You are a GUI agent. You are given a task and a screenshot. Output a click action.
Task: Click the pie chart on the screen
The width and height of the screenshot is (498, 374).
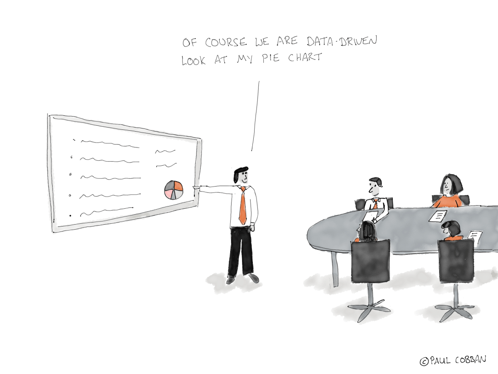pyautogui.click(x=174, y=190)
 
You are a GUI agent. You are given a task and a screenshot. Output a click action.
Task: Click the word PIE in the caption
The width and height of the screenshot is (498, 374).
pyautogui.click(x=271, y=58)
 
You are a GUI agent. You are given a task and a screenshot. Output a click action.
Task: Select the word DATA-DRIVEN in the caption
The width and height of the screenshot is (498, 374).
pyautogui.click(x=342, y=41)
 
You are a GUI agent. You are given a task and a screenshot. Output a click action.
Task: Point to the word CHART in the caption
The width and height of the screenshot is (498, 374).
pyautogui.click(x=305, y=57)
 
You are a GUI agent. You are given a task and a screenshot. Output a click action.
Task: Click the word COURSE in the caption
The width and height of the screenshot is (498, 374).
pyautogui.click(x=226, y=42)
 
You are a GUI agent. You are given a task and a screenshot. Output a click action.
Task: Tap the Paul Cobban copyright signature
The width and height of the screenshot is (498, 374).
pyautogui.click(x=453, y=360)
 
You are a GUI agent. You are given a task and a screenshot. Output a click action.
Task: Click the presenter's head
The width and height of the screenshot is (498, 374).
pyautogui.click(x=241, y=175)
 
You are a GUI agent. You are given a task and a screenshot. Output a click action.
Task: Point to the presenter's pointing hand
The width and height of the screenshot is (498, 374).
pyautogui.click(x=196, y=189)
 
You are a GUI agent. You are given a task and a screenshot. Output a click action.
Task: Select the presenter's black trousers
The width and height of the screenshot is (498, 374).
pyautogui.click(x=241, y=252)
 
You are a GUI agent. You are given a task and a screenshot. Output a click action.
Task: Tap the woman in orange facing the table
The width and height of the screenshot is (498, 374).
pyautogui.click(x=448, y=192)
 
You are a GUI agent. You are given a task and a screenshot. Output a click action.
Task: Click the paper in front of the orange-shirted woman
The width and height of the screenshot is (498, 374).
pyautogui.click(x=438, y=216)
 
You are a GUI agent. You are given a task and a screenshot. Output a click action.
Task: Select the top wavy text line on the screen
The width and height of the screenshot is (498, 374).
pyautogui.click(x=110, y=143)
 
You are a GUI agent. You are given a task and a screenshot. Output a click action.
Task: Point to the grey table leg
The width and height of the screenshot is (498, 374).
pyautogui.click(x=334, y=268)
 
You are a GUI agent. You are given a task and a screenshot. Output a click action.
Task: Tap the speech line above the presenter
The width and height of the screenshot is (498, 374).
pyautogui.click(x=256, y=116)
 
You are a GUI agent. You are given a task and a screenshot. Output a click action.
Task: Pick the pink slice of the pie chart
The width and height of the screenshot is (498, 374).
pyautogui.click(x=169, y=194)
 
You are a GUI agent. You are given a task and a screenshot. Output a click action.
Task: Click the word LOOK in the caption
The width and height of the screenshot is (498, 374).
pyautogui.click(x=193, y=60)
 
